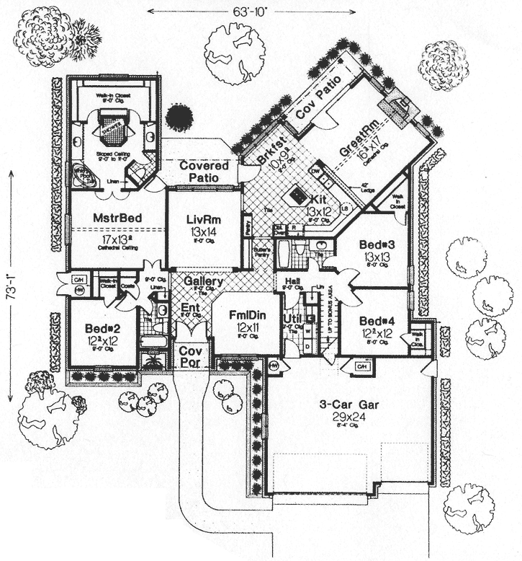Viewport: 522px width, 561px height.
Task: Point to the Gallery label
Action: (x=202, y=281)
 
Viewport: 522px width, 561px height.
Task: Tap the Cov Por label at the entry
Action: (x=192, y=355)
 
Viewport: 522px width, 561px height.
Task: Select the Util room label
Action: (x=291, y=317)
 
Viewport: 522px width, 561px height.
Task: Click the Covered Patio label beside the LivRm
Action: (x=204, y=171)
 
